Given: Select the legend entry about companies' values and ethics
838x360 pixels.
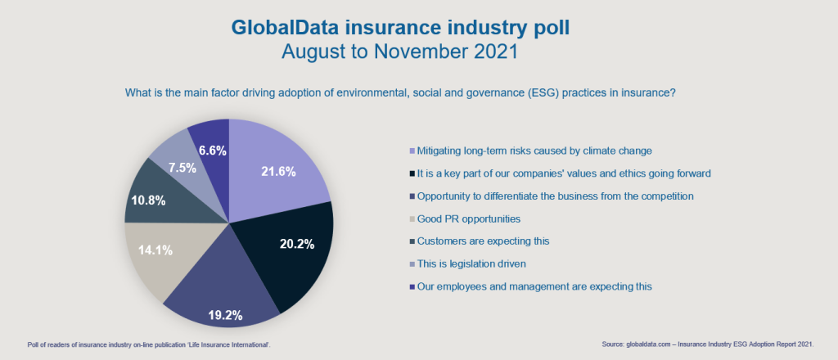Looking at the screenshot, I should pos(550,173).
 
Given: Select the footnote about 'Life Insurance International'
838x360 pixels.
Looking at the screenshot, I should pos(148,346).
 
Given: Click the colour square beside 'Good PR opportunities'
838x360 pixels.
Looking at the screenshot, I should pos(412,219).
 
